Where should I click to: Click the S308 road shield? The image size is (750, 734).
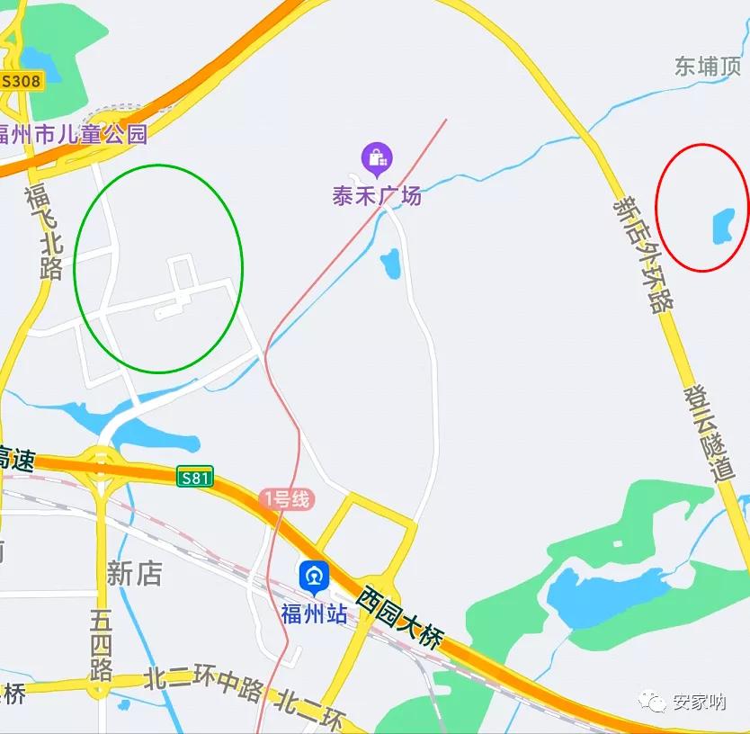pyautogui.click(x=21, y=81)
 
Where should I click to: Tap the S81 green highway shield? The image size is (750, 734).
pyautogui.click(x=194, y=478)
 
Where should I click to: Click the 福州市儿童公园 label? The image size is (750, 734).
pyautogui.click(x=72, y=135)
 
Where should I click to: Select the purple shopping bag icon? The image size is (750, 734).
pyautogui.click(x=377, y=159)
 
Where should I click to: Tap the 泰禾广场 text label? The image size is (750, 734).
pyautogui.click(x=377, y=195)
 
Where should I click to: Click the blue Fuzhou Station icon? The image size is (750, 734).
pyautogui.click(x=314, y=576)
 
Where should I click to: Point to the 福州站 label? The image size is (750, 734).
pyautogui.click(x=314, y=614)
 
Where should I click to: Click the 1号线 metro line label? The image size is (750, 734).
pyautogui.click(x=285, y=498)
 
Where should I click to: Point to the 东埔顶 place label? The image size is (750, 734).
pyautogui.click(x=708, y=66)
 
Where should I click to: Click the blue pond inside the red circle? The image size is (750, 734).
pyautogui.click(x=723, y=226)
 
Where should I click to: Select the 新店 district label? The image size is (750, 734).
pyautogui.click(x=134, y=573)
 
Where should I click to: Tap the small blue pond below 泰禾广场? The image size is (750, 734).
pyautogui.click(x=390, y=264)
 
